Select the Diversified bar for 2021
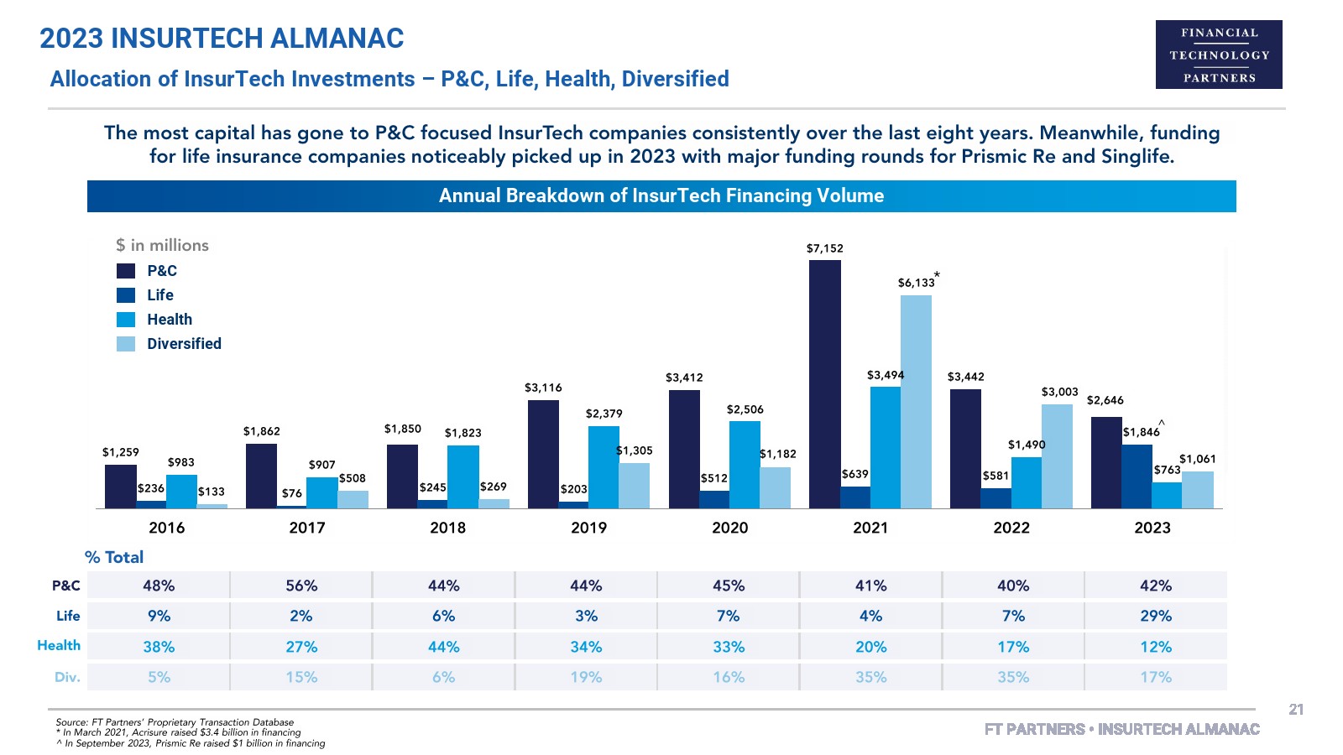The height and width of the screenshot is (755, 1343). (x=916, y=402)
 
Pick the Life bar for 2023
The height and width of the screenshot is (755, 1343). (x=1137, y=476)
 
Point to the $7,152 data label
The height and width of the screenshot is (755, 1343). (x=824, y=248)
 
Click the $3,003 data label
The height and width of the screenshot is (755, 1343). (x=1059, y=392)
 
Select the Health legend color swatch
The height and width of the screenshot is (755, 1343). (x=126, y=320)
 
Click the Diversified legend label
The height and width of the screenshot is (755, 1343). (x=184, y=344)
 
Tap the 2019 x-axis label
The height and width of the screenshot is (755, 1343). (x=588, y=528)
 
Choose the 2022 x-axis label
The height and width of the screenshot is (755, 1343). (x=1011, y=528)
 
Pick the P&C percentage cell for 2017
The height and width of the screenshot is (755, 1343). (x=301, y=586)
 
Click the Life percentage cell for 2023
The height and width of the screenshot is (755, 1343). (x=1156, y=616)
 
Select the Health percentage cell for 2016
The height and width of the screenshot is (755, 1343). (x=159, y=647)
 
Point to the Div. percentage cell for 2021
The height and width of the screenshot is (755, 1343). (x=870, y=677)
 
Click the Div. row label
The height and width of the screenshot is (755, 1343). (x=67, y=677)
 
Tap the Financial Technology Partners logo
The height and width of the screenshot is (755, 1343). (x=1219, y=55)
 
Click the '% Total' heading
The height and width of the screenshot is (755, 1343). (x=114, y=557)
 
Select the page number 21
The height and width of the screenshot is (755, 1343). (x=1296, y=710)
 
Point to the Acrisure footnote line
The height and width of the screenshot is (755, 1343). (x=178, y=732)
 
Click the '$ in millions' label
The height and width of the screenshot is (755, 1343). (x=162, y=245)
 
